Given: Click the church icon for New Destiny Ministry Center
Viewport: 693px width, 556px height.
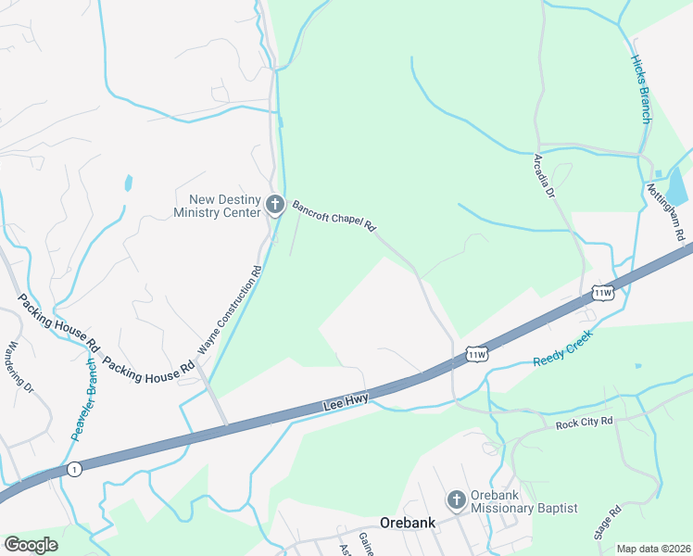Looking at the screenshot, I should point(274,205).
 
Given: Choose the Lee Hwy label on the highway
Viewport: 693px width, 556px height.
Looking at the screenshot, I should point(346,400).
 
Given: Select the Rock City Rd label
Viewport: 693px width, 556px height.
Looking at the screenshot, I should point(585,423).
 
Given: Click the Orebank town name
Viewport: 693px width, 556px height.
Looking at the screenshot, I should point(408,523).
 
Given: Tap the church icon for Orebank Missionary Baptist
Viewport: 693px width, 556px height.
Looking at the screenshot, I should point(456,501).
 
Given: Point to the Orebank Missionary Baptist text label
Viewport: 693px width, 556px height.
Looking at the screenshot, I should point(523,501).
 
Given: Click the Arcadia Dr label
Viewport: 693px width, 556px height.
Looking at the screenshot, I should point(544,176).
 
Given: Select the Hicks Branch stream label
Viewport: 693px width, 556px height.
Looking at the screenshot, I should point(642,89).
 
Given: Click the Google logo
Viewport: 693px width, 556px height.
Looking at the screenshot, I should point(31,544).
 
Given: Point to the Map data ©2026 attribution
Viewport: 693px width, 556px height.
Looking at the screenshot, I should point(653,549).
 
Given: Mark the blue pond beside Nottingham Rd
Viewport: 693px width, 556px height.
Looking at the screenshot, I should point(679,186).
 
